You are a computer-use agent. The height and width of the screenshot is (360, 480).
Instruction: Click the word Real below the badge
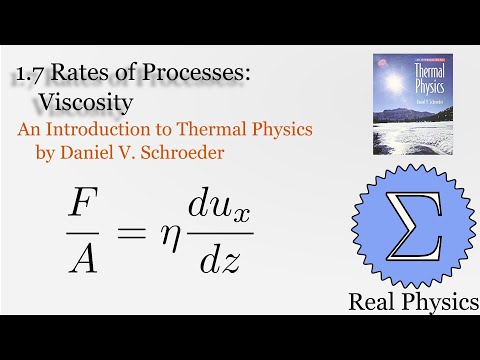point(374,299)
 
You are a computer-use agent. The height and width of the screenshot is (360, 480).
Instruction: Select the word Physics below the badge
point(437,300)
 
